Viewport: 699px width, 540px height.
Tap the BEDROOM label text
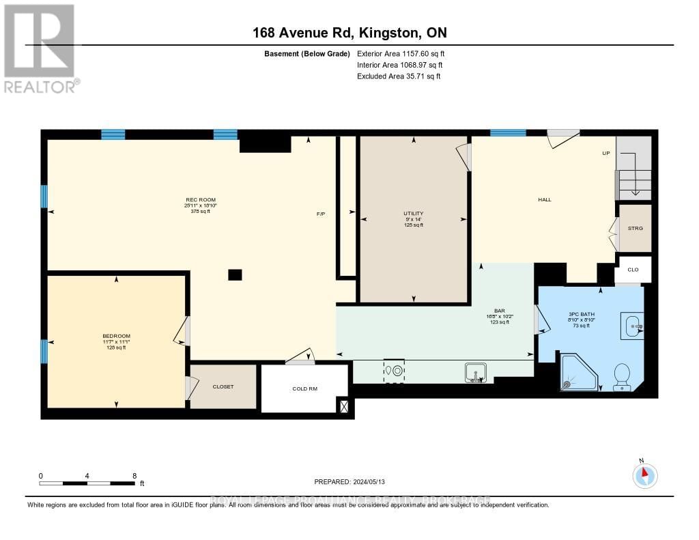[x=116, y=336]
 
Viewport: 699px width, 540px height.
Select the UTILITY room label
[x=413, y=214]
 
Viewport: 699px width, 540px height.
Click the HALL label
[x=544, y=200]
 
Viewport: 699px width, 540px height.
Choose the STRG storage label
[x=635, y=228]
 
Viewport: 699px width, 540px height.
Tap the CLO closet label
[x=633, y=270]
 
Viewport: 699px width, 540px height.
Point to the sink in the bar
[x=475, y=373]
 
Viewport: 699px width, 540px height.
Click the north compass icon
[x=644, y=474]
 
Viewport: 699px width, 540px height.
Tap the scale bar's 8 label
[x=134, y=476]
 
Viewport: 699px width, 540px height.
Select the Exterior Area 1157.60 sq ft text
[x=401, y=53]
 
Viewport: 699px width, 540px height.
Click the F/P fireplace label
[x=321, y=214]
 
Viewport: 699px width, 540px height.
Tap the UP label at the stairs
[x=605, y=153]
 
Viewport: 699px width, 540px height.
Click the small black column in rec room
[x=235, y=274]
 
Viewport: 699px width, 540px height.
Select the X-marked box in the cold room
[x=343, y=406]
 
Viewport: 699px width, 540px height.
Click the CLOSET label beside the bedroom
[x=223, y=386]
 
